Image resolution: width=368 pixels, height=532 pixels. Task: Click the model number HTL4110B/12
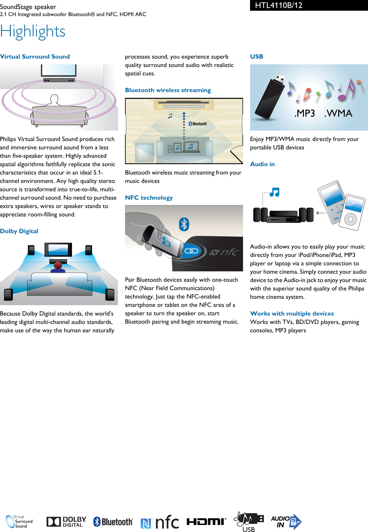(279, 5)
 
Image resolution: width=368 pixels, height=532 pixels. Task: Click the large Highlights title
(33, 32)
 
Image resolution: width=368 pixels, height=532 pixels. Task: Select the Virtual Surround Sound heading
(35, 57)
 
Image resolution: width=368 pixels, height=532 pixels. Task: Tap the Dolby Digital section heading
(19, 231)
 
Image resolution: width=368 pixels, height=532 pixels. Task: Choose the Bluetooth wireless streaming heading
(168, 90)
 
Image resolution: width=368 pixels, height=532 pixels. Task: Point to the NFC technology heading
(149, 198)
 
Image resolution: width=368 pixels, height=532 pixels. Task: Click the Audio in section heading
(262, 164)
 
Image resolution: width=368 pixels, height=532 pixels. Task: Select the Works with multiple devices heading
(292, 314)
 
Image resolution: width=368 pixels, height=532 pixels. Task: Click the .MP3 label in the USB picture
(304, 114)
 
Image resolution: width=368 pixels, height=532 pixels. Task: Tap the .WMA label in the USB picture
(338, 114)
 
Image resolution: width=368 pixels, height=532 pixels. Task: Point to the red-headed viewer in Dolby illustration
(58, 265)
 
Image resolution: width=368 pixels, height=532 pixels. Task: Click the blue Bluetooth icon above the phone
(184, 224)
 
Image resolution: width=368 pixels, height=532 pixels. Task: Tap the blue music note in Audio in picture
(274, 192)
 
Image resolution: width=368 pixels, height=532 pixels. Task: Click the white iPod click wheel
(351, 219)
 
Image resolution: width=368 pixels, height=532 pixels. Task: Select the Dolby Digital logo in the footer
(66, 522)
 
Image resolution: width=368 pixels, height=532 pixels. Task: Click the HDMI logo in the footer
(206, 521)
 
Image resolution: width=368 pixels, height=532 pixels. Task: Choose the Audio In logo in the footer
(286, 522)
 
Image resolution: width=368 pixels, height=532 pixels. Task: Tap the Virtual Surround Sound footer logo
(19, 522)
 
